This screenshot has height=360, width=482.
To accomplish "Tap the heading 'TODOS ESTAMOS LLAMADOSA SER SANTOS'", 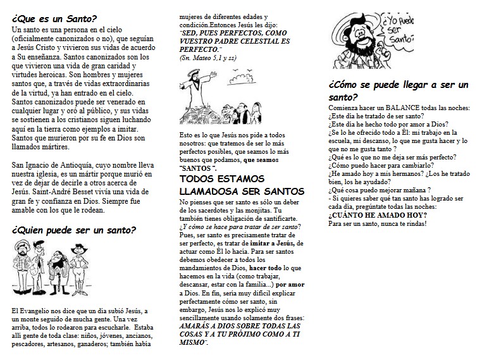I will pyautogui.click(x=233, y=185).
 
